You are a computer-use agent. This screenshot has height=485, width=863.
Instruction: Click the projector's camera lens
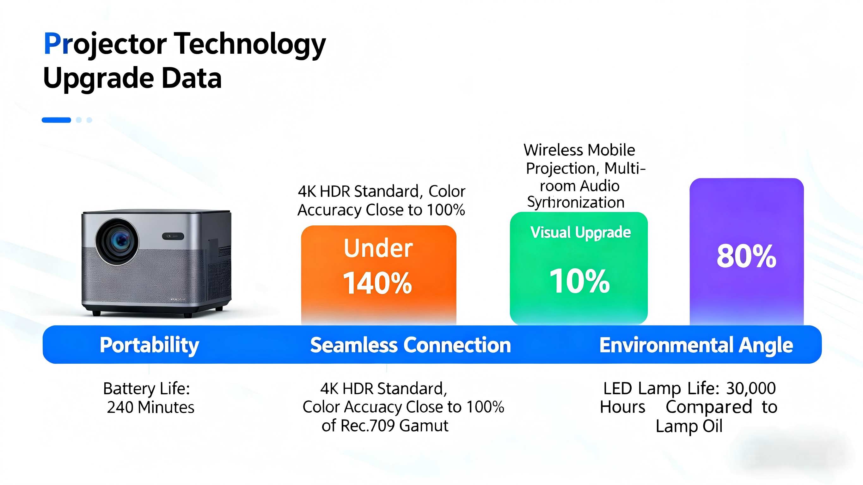[x=117, y=241]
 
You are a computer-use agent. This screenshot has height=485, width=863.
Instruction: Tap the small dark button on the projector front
[x=173, y=236]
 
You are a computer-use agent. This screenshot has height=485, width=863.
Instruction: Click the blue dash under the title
[x=56, y=120]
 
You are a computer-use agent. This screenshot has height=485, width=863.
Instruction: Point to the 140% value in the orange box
[x=377, y=283]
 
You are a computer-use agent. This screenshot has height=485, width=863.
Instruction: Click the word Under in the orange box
[x=378, y=248]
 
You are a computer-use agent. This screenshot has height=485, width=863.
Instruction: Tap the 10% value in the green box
[x=579, y=281]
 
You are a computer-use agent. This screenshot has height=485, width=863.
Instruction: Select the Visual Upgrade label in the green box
[x=581, y=233]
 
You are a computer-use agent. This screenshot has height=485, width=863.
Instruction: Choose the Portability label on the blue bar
[x=150, y=345]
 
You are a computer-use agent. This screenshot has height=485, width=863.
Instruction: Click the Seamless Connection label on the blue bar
[x=410, y=345]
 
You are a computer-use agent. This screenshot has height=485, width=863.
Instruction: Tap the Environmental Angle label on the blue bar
[x=696, y=346]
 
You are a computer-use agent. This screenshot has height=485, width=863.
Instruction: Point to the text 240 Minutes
[x=151, y=408]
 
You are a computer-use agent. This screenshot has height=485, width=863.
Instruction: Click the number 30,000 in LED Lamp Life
[x=751, y=389]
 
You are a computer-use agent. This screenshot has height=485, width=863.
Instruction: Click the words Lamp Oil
[x=689, y=426]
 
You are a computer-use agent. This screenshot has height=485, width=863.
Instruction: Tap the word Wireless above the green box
[x=554, y=150]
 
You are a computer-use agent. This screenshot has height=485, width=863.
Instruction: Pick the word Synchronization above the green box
[x=576, y=202]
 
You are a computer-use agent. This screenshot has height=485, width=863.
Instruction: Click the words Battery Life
[x=147, y=389]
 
